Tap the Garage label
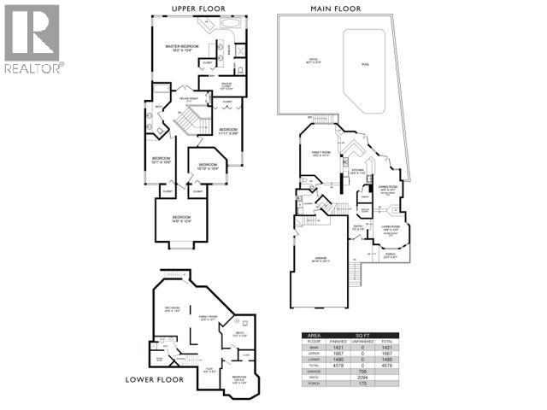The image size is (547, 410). (321, 257)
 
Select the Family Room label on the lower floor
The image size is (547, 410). (205, 318)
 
